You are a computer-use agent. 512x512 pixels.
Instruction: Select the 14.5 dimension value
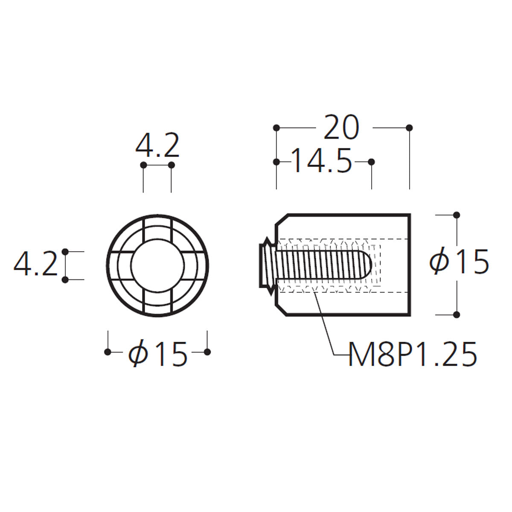point(322,160)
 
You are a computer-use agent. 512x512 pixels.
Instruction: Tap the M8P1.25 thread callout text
point(413,355)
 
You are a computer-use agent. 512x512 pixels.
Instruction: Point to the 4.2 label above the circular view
point(157,145)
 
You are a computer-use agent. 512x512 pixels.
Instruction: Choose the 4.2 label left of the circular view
point(35,265)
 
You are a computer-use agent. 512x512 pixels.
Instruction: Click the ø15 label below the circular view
point(158,353)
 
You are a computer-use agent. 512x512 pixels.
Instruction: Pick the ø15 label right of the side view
point(459,261)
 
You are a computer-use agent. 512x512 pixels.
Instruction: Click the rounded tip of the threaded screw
point(367,265)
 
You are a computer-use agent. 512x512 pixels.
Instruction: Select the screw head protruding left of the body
point(267,266)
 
